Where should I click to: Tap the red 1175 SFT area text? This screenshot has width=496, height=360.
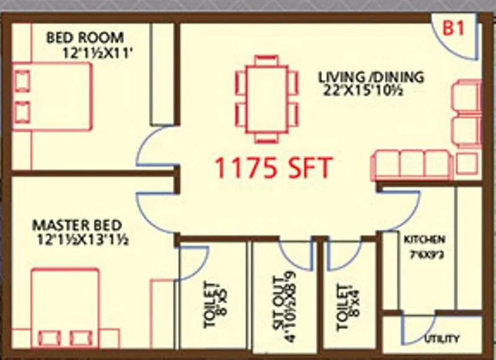coord(273,168)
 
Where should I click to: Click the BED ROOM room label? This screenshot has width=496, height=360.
coord(85,38)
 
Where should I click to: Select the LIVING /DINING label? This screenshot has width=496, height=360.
coord(371,77)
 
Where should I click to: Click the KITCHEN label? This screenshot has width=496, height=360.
coord(425,239)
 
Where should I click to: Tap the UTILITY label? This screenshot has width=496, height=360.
coord(442,339)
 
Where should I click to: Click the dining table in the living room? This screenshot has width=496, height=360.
coord(267,99)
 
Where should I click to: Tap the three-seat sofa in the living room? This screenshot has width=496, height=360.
coord(409,165)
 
